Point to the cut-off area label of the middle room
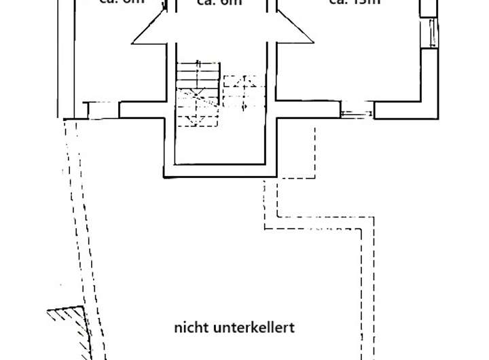219,3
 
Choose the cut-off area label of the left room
122,3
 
